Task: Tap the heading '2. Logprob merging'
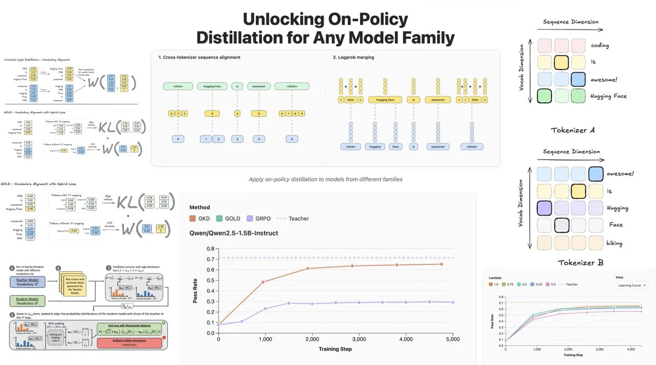354,57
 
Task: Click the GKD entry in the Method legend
206,219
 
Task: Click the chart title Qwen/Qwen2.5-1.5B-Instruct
233,233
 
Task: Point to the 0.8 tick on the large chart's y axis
209,249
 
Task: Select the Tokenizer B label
580,263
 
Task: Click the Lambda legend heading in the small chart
496,277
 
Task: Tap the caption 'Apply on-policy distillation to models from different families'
325,180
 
